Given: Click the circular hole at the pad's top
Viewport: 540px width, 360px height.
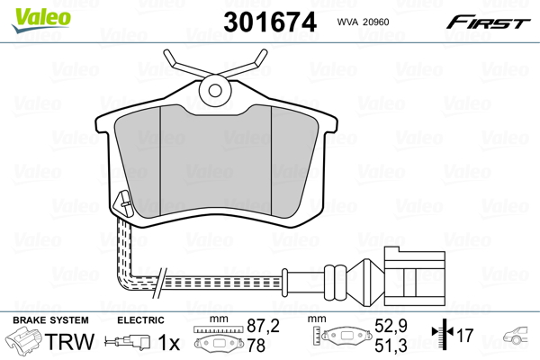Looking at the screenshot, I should point(214,88).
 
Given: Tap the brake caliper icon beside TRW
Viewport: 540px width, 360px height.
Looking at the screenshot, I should point(28,342).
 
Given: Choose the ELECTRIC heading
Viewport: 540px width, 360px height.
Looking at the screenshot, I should point(140,320).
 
